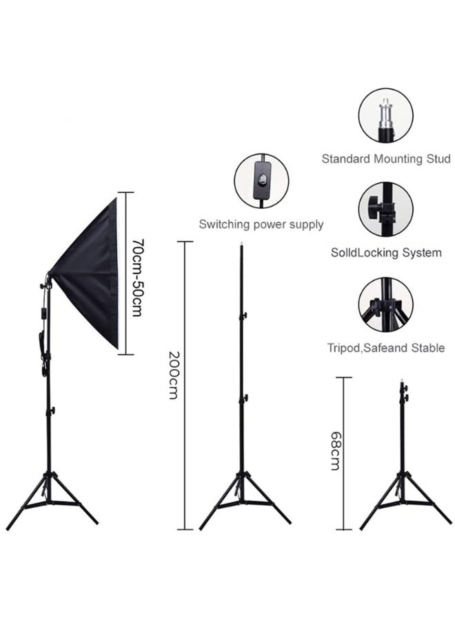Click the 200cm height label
tap(174, 375)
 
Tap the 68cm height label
tap(336, 451)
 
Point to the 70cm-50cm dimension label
tap(137, 277)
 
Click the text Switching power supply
tap(261, 224)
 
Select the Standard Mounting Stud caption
tap(386, 159)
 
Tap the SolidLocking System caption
tap(386, 253)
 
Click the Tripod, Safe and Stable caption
tap(386, 348)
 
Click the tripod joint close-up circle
tap(386, 304)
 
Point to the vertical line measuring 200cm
tap(184, 385)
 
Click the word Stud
tap(438, 159)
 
